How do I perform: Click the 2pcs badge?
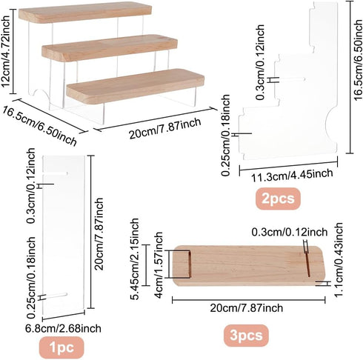tap(278, 199)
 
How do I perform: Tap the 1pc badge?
tap(61, 347)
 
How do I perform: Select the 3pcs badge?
tap(246, 336)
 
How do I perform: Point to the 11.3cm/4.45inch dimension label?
tap(292, 175)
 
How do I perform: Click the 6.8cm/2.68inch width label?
tap(64, 329)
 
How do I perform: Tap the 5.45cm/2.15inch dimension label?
tap(135, 259)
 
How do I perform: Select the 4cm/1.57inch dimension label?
tap(159, 265)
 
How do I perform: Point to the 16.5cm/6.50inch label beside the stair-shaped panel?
tap(358, 60)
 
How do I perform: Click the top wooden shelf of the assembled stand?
tap(85, 13)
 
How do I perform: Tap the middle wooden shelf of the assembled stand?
tap(110, 48)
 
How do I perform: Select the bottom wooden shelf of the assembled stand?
tap(136, 85)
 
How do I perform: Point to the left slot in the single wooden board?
tap(190, 264)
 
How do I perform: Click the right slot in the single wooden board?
tap(307, 264)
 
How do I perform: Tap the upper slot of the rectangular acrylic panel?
tap(56, 174)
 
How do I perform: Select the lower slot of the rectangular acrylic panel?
tap(56, 296)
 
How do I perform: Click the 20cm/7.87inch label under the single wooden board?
tap(247, 308)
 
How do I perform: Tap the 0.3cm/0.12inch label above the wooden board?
tap(290, 233)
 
